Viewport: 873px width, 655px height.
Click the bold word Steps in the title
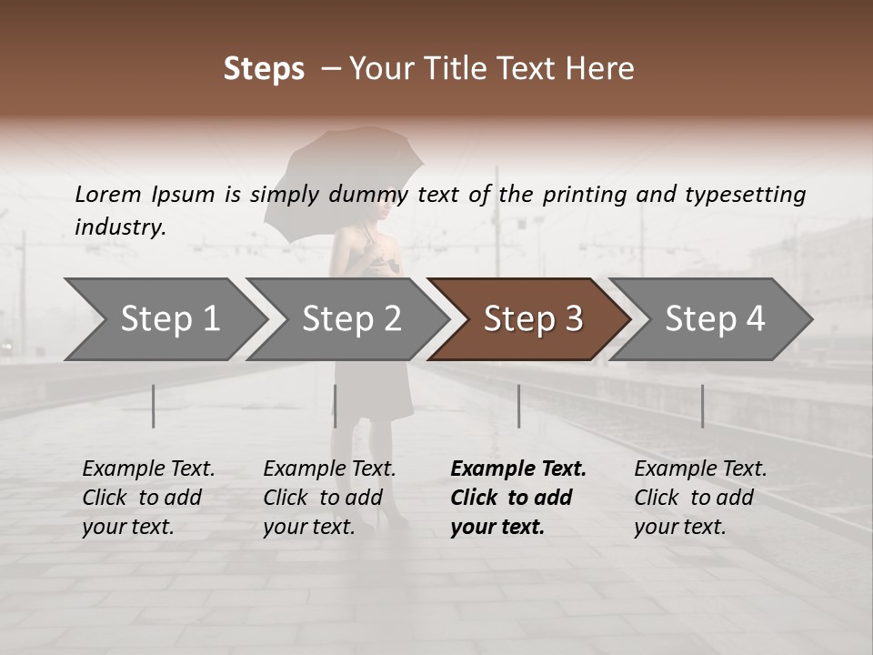(264, 69)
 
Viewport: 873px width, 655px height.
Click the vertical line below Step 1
(154, 406)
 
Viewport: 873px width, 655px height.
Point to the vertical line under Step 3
(518, 406)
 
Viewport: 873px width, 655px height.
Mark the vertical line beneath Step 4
(702, 406)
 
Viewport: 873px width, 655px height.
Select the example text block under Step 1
(148, 498)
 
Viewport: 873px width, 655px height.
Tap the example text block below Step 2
(329, 498)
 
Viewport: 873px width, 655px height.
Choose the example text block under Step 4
(700, 498)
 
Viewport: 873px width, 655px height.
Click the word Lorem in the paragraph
(108, 195)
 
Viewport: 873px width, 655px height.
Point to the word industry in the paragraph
(120, 227)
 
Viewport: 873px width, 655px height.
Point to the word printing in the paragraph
(588, 195)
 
